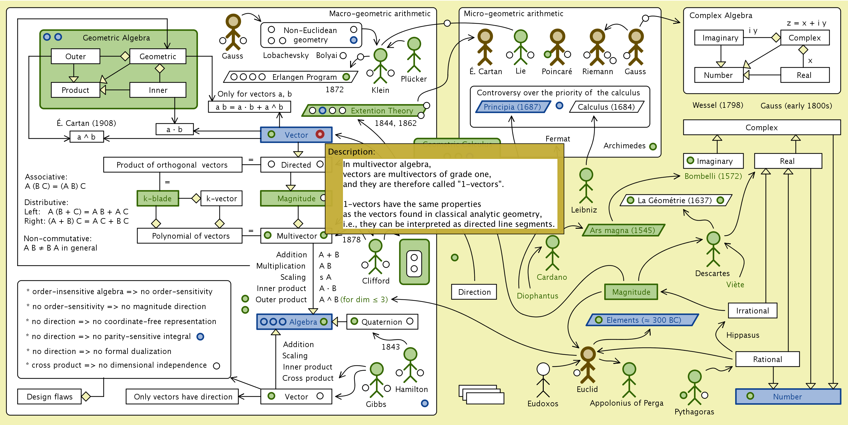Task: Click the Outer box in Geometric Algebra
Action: (x=75, y=56)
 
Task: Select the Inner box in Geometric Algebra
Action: (x=158, y=90)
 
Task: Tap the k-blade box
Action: (x=158, y=198)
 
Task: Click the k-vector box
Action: (x=221, y=198)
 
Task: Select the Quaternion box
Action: (x=382, y=322)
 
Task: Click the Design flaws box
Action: (x=49, y=397)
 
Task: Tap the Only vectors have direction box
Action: (x=183, y=397)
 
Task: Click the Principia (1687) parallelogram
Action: (x=512, y=107)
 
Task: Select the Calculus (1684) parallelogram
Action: (x=606, y=107)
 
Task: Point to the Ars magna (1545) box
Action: (x=623, y=230)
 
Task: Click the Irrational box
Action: (x=753, y=311)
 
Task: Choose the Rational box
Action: (x=767, y=359)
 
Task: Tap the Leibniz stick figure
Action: (x=586, y=186)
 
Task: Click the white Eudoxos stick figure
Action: (x=543, y=380)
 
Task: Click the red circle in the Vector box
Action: (x=320, y=134)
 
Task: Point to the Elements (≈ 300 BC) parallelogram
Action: (x=642, y=320)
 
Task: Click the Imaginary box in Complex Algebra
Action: (x=720, y=38)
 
